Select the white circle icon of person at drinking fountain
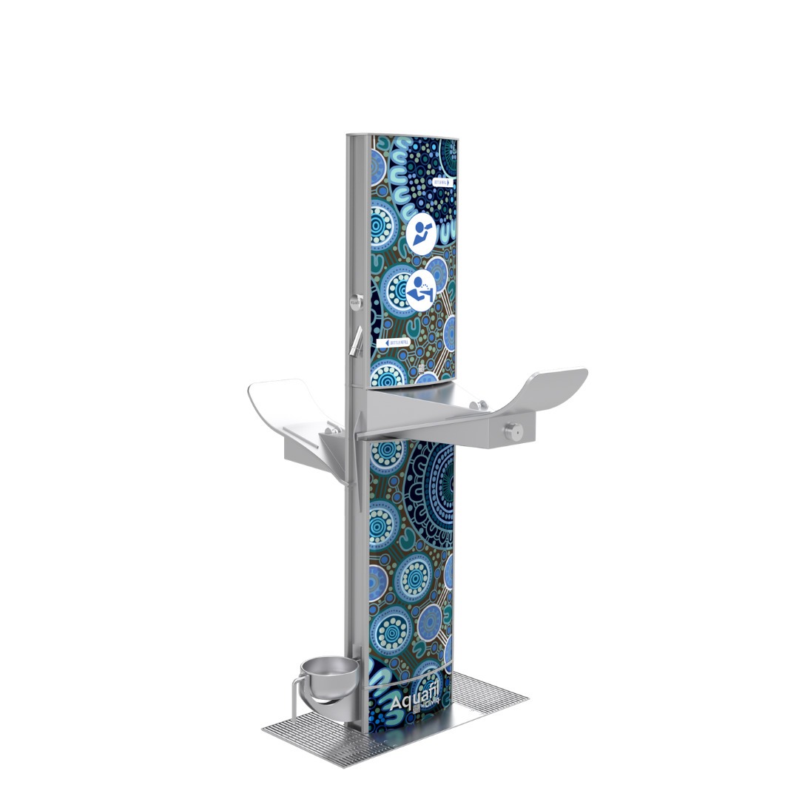click(x=421, y=290)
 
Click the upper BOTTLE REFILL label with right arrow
click(x=443, y=181)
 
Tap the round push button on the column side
click(x=355, y=300)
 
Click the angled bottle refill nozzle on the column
click(x=357, y=340)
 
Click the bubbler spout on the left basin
click(x=330, y=427)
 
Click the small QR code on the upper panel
click(x=419, y=367)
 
